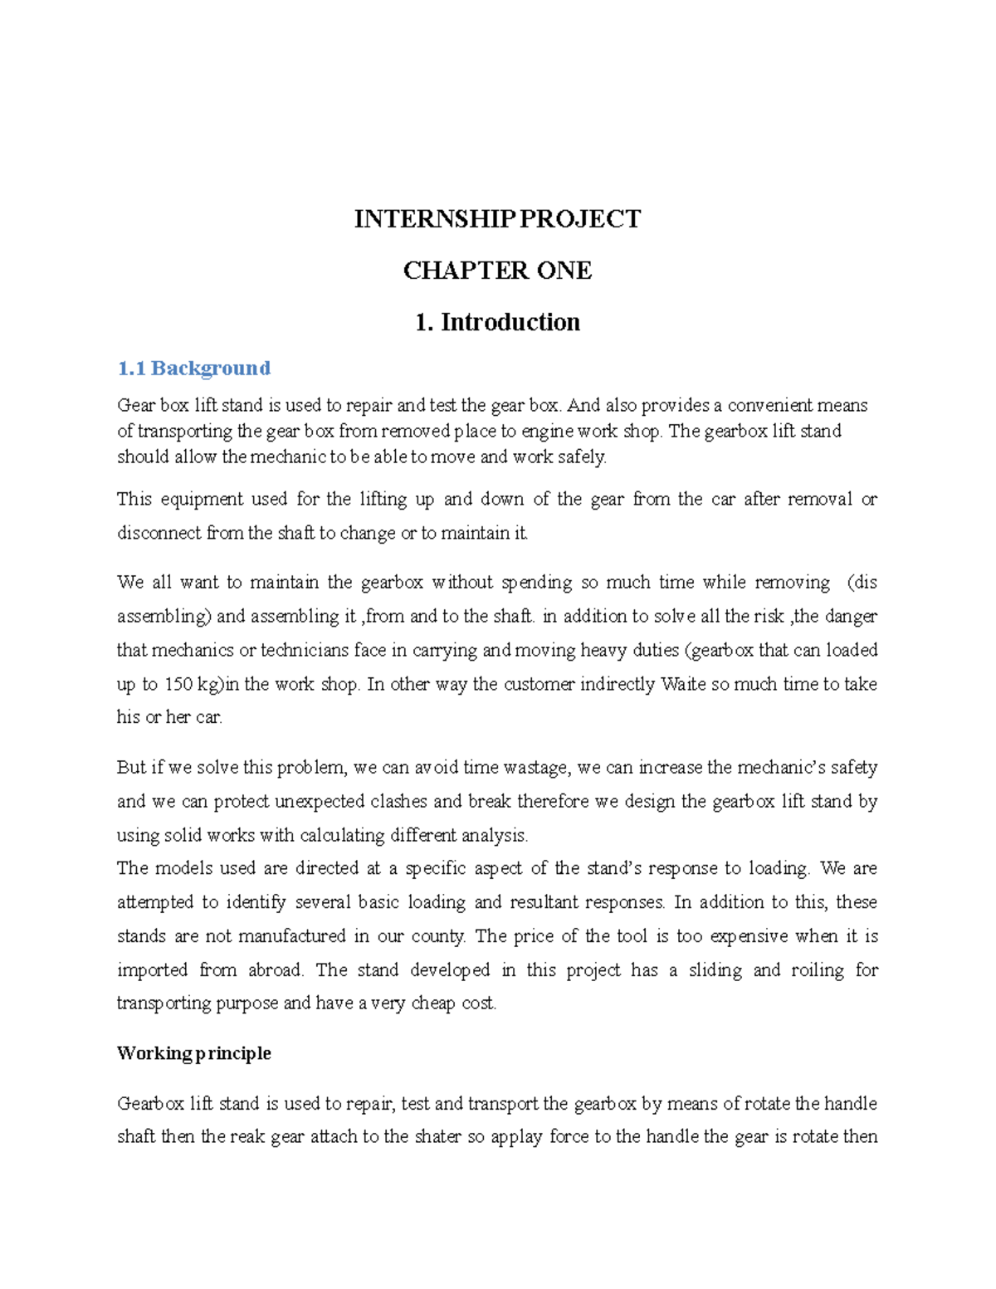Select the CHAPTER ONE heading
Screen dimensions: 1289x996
(497, 271)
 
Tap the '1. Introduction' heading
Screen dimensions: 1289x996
(497, 322)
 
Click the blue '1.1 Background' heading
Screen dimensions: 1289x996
(194, 368)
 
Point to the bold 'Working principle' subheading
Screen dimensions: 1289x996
(194, 1053)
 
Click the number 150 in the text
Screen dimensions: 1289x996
(178, 684)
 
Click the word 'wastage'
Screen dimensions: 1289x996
(537, 767)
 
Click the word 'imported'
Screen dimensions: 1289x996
(153, 969)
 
